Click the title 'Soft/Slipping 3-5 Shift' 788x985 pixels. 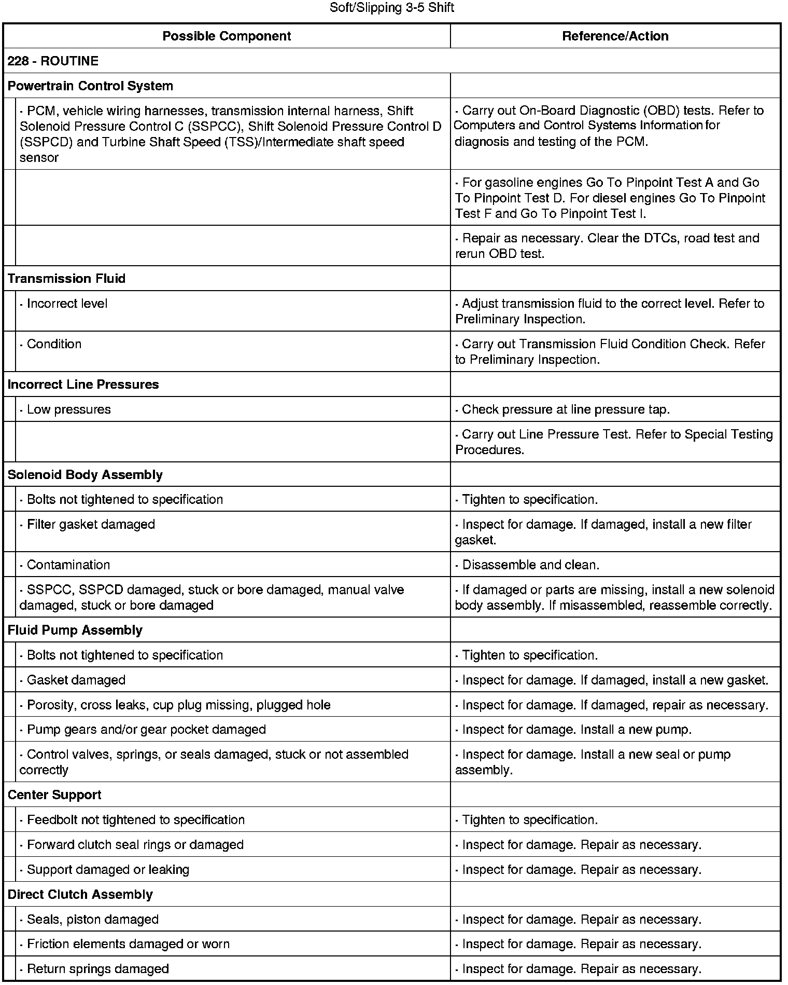(x=392, y=8)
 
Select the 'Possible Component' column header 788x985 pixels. (x=227, y=36)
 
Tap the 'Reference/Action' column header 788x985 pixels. (x=615, y=36)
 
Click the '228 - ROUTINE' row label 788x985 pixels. (x=53, y=61)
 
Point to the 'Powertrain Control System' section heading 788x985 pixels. (x=90, y=86)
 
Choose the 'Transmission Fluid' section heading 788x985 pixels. (x=66, y=278)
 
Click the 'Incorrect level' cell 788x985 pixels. (x=67, y=304)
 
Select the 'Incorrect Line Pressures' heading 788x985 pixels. (x=83, y=385)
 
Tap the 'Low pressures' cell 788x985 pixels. (x=68, y=409)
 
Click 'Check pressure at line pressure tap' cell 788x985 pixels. (x=566, y=409)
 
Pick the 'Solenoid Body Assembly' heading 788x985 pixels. (x=85, y=475)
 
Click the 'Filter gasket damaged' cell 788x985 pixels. (x=91, y=525)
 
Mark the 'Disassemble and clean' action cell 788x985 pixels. (x=530, y=565)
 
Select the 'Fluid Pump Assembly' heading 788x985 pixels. (x=75, y=630)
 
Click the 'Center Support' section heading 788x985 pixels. (x=54, y=795)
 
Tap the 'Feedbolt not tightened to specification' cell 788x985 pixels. (x=135, y=820)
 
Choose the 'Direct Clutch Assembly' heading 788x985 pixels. (x=80, y=895)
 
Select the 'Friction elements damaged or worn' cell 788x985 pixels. (x=128, y=944)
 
